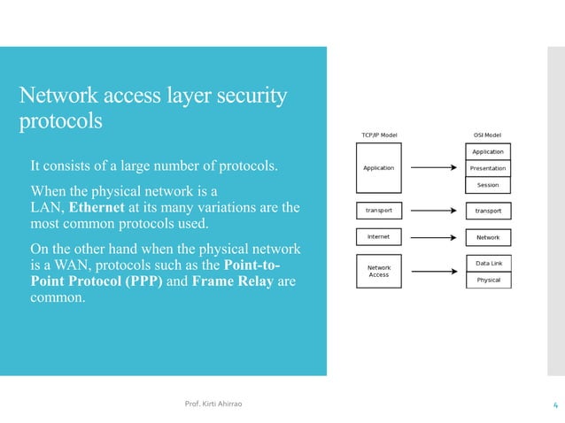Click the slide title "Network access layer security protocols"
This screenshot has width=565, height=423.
coord(153,107)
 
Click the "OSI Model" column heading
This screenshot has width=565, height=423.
coord(487,135)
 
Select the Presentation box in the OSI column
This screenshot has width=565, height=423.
coord(487,168)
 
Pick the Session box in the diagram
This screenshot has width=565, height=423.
coord(487,185)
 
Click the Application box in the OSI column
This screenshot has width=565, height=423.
coord(487,151)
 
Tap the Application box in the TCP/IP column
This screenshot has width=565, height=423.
coord(379,168)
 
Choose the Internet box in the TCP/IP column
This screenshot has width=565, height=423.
coord(379,237)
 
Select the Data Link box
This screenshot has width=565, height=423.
coord(487,263)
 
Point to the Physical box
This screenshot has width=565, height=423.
coord(487,280)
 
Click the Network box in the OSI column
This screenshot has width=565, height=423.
coord(487,237)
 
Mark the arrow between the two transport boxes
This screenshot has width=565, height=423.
coord(434,211)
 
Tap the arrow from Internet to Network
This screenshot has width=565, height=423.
coord(434,237)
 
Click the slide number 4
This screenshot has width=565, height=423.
coord(553,405)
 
